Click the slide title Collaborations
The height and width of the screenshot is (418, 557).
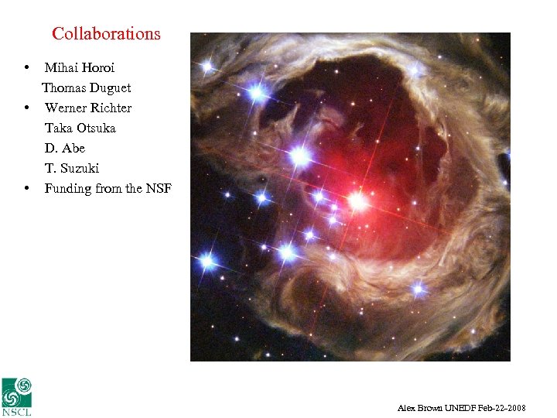point(106,34)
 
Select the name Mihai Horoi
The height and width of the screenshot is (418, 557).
point(80,68)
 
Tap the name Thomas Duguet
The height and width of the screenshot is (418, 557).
point(86,88)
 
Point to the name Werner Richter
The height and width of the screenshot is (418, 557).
point(88,108)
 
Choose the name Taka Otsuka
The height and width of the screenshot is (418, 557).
point(80,128)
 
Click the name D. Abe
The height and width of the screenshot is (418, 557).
point(64,149)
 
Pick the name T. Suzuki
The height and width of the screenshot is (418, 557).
point(72,169)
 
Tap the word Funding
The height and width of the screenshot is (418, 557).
point(67,189)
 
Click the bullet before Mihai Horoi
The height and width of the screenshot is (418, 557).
point(27,68)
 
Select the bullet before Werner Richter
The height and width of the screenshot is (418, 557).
point(27,108)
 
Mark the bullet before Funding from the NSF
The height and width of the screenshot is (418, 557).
point(27,189)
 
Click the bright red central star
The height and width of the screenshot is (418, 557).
point(357,202)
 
